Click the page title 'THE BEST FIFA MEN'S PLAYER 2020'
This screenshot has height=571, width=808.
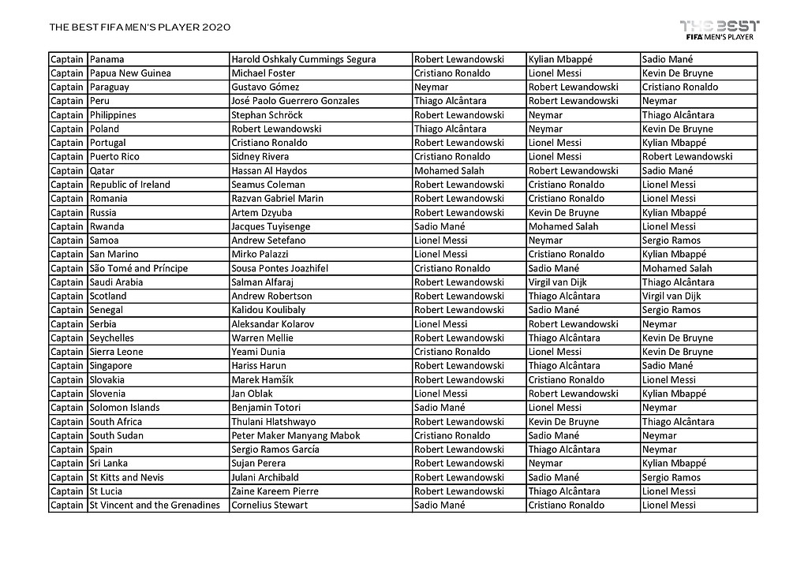[x=140, y=28]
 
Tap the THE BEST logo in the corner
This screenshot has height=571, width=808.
[x=719, y=28]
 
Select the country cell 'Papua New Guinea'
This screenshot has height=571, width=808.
[x=130, y=73]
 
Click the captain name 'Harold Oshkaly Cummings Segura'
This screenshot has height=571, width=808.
[x=303, y=59]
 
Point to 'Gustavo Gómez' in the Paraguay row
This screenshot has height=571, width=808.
[x=265, y=87]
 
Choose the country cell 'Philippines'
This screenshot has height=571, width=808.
[x=113, y=115]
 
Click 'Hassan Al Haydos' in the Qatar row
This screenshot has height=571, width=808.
[x=269, y=170]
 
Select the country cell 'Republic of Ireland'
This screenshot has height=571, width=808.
[x=129, y=185]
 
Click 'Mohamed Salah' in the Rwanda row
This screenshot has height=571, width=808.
[x=563, y=226]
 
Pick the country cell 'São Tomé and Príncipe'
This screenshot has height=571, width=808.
[x=139, y=268]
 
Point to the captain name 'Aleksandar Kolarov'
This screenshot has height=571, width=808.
[x=272, y=324]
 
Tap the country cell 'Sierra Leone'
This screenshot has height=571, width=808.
[x=117, y=352]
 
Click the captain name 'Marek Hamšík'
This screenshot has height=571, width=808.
[x=262, y=379]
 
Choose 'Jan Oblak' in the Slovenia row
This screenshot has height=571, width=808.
[x=252, y=394]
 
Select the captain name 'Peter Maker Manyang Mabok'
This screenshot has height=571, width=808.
[x=295, y=435]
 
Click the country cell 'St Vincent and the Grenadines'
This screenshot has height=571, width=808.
[x=155, y=505]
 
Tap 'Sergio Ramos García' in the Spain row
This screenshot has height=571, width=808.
[x=275, y=450]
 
